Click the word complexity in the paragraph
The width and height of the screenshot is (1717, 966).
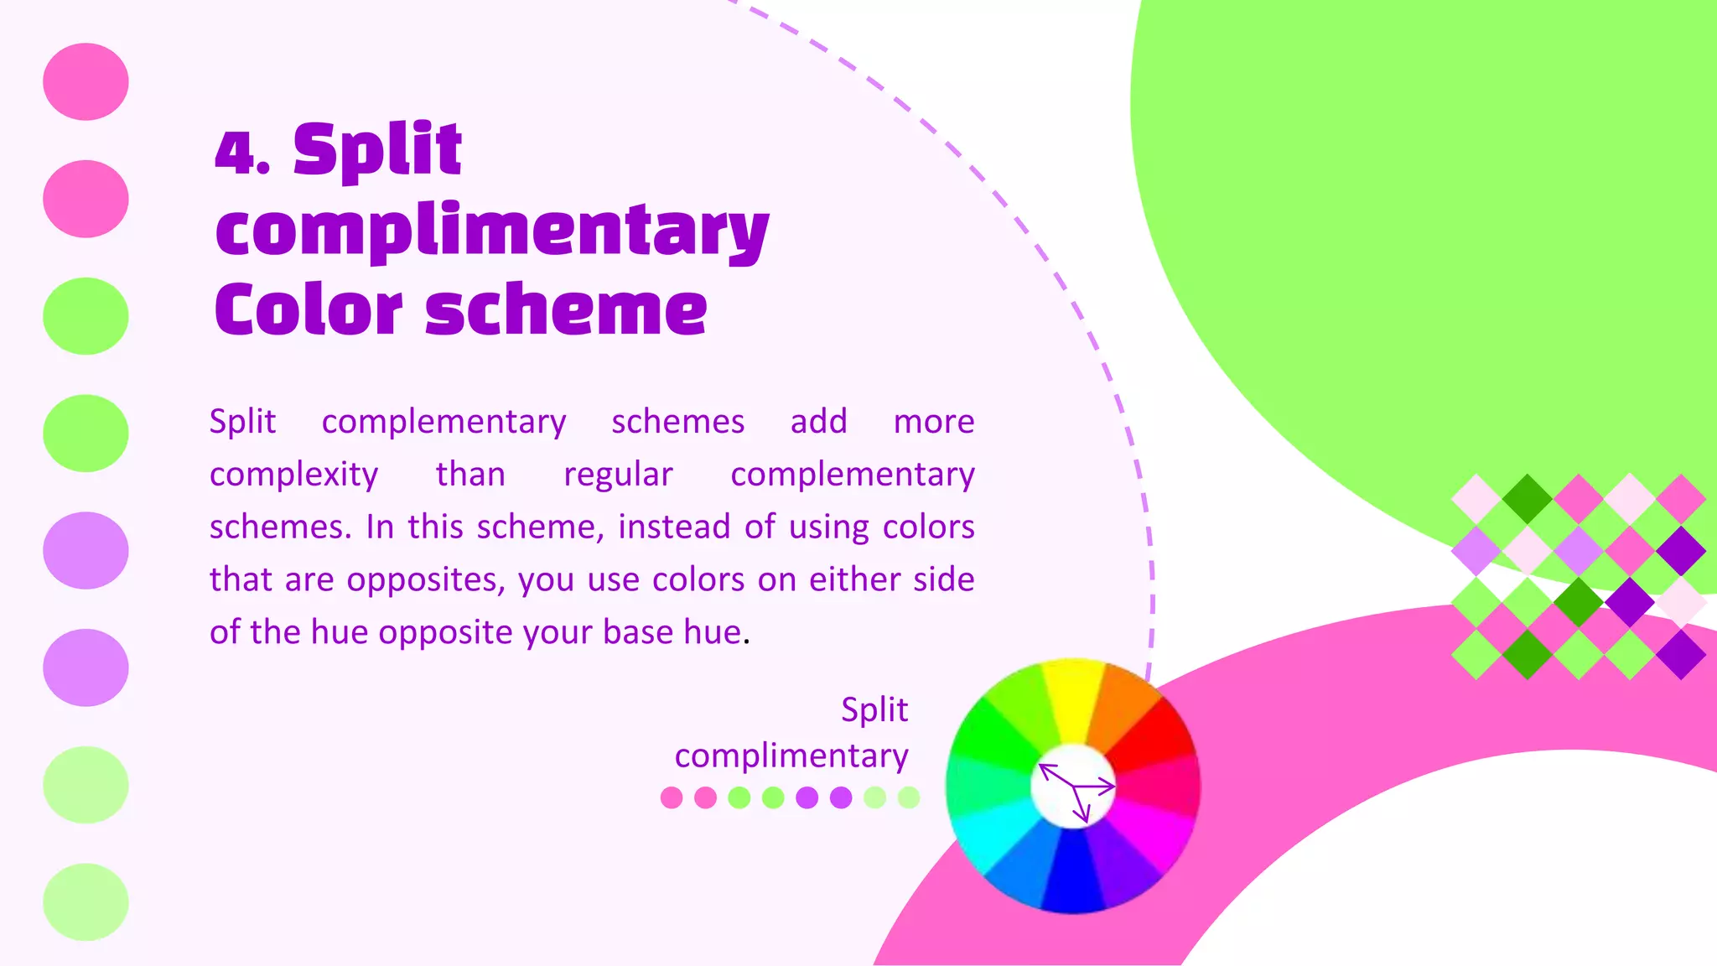(293, 475)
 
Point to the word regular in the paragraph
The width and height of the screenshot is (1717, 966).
(618, 475)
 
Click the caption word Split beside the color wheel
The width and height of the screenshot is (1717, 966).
(874, 710)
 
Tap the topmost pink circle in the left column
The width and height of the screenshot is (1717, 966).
(86, 81)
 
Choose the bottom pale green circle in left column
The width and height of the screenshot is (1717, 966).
(86, 902)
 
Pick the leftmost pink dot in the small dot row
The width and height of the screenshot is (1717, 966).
(672, 797)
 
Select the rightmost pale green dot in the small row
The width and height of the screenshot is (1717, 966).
(909, 797)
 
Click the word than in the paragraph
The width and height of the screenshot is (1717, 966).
(470, 475)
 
